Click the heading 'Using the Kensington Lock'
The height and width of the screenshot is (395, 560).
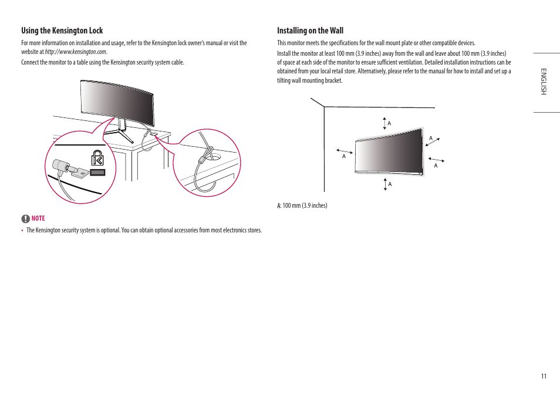click(62, 31)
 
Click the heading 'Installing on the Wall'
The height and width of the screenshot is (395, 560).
click(310, 31)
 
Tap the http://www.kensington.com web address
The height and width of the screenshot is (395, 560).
click(76, 52)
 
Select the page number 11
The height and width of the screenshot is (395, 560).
click(544, 376)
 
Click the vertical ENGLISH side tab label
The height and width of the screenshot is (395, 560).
click(544, 82)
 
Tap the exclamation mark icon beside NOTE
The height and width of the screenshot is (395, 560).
click(25, 218)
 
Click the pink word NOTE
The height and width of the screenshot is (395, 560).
click(38, 218)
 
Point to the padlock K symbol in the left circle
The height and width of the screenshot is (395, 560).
click(97, 157)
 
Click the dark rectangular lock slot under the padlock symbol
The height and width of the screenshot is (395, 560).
click(98, 173)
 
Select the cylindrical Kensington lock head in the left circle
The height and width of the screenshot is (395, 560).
click(60, 167)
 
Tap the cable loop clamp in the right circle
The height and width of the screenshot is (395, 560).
click(204, 159)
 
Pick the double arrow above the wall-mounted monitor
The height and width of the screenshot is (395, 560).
click(384, 123)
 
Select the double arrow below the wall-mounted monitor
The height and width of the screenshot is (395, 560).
click(385, 184)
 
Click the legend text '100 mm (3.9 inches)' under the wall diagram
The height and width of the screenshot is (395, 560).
click(305, 205)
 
